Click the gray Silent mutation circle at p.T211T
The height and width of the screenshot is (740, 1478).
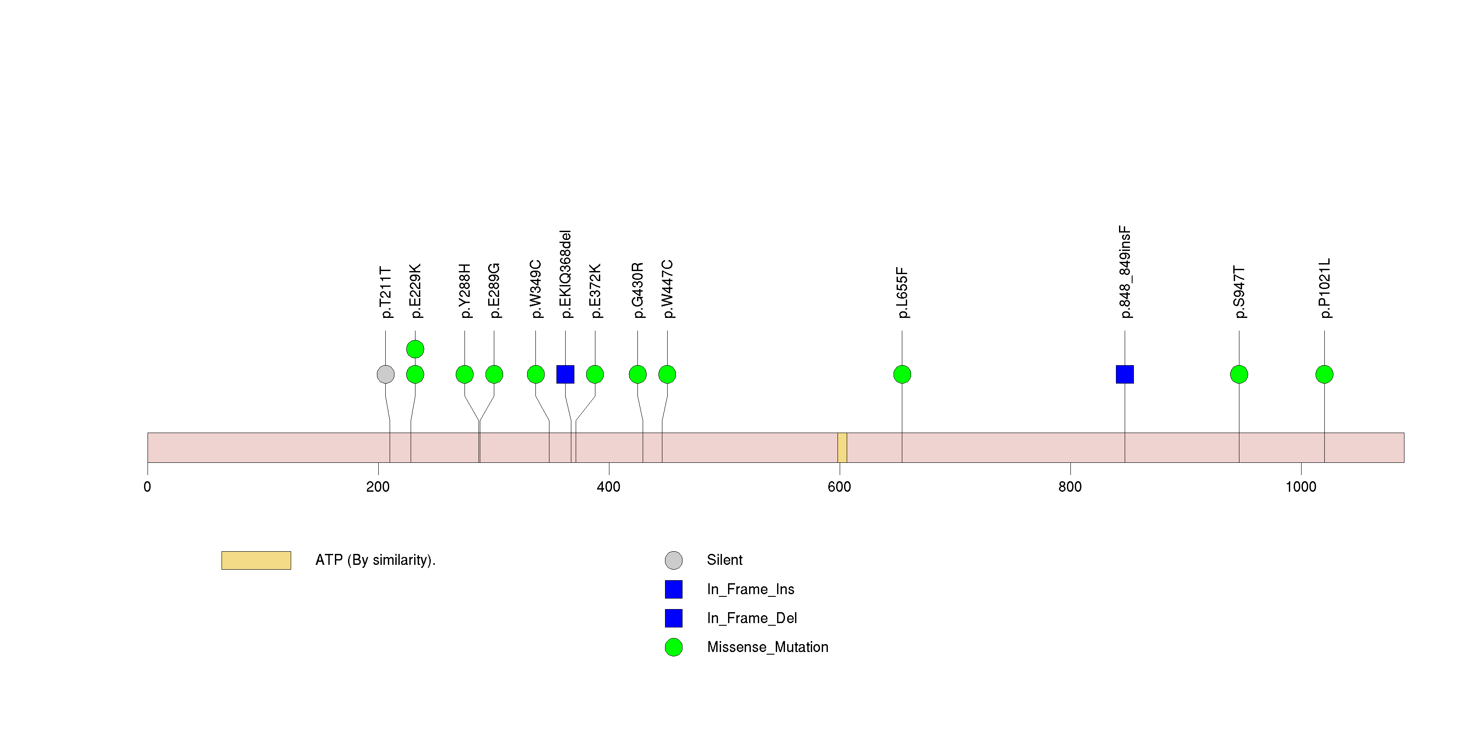pos(386,374)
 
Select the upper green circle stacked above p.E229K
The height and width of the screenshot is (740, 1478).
pos(415,349)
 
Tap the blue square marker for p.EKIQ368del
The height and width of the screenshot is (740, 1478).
pos(565,374)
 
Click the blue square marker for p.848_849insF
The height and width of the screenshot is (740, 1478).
pos(1125,374)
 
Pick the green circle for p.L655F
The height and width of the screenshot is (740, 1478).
pos(902,374)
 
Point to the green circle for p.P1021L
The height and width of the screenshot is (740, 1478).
pos(1324,374)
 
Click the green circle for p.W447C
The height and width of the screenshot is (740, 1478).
pos(667,374)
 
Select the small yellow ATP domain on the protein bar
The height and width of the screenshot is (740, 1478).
pos(842,448)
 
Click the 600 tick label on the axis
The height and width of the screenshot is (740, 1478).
pos(839,487)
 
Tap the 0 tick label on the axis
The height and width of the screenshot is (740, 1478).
pos(148,487)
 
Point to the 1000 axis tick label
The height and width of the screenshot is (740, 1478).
pos(1301,487)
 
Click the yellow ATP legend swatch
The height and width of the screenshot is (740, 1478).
pos(256,560)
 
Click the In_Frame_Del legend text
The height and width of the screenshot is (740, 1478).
pos(752,618)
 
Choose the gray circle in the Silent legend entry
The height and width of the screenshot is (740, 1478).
pos(674,560)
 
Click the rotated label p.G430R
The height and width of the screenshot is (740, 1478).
pos(637,290)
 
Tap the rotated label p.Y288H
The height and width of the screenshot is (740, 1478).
pos(465,291)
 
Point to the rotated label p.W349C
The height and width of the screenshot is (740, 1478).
pos(535,289)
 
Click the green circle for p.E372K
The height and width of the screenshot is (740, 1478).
pos(595,374)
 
